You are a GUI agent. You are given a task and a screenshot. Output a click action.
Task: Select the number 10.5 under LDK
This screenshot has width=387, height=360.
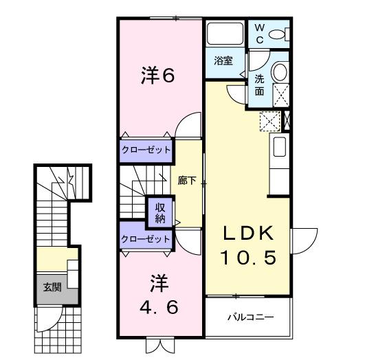pyautogui.click(x=248, y=258)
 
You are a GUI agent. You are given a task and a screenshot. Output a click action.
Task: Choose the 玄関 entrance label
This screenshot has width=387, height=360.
pyautogui.click(x=52, y=286)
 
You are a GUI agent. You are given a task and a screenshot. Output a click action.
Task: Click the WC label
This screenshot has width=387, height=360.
pyautogui.click(x=260, y=32)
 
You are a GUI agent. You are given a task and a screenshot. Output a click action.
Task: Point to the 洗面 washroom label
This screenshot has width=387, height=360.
pyautogui.click(x=260, y=85)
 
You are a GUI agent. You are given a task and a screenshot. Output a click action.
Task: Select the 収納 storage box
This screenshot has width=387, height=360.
pyautogui.click(x=159, y=212)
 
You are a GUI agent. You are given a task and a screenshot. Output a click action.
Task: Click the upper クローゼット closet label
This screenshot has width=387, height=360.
pyautogui.click(x=145, y=150)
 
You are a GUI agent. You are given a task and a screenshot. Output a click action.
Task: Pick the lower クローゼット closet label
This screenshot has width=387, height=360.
pyautogui.click(x=145, y=239)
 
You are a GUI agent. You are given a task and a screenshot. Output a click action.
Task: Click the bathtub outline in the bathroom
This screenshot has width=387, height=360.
pyautogui.click(x=224, y=34)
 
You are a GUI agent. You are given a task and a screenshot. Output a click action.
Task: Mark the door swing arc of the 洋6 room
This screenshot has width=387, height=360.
pyautogui.click(x=184, y=126)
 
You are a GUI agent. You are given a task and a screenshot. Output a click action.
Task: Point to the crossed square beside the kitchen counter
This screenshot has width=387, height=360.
pyautogui.click(x=268, y=122)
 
